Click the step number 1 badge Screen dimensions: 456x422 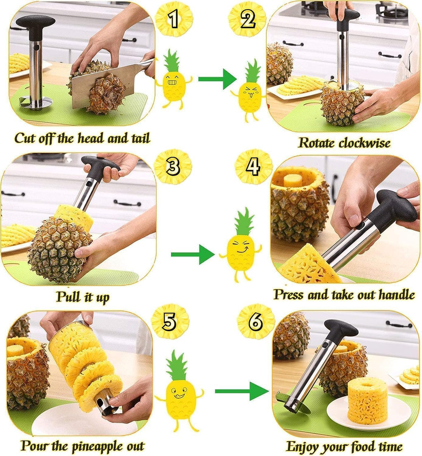(174, 19)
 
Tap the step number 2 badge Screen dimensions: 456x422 (247, 19)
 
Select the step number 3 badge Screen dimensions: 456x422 (173, 166)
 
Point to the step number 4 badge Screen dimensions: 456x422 (253, 166)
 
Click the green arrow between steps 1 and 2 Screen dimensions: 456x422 (217, 79)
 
